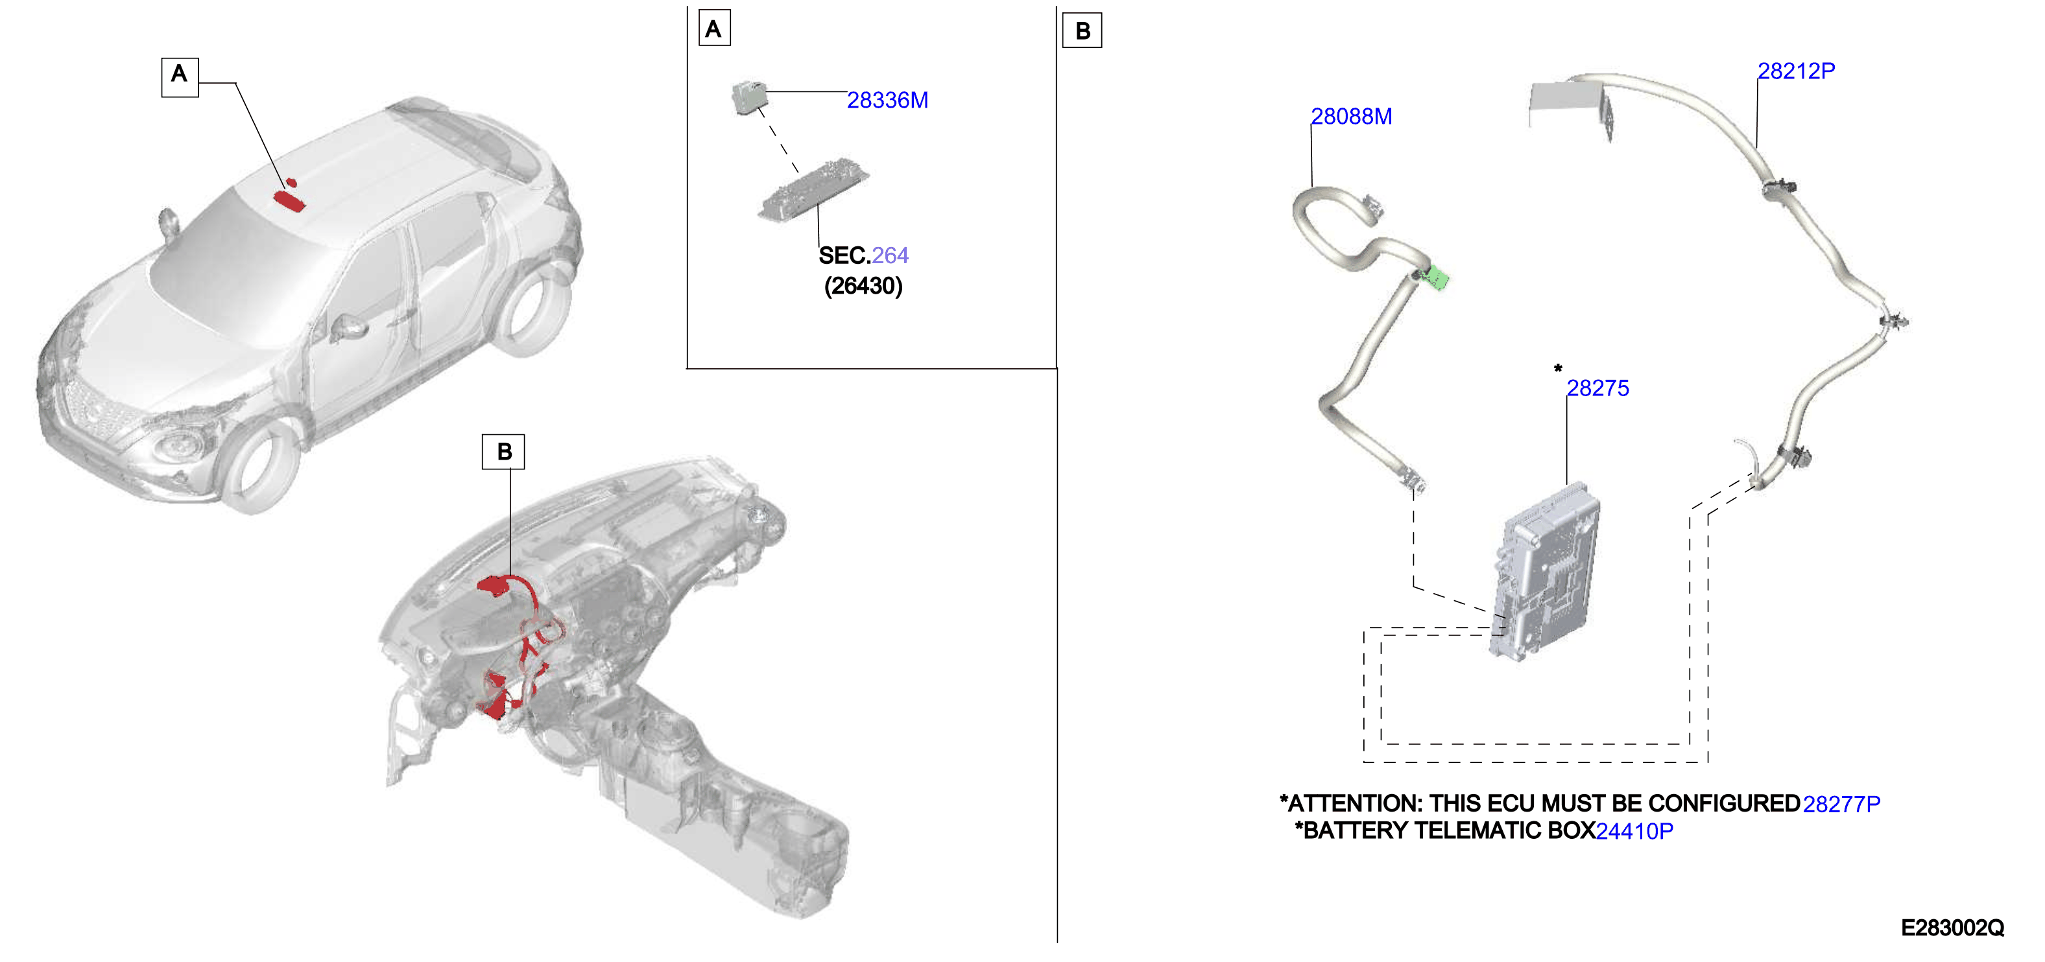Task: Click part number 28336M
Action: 887,101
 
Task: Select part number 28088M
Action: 1351,117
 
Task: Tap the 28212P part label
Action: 1796,71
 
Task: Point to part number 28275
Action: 1597,388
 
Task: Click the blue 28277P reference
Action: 1841,804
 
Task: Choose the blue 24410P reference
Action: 1634,831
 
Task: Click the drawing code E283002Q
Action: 1952,928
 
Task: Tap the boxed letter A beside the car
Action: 180,77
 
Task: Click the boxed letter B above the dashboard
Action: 503,452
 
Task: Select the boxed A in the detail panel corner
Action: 713,29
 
